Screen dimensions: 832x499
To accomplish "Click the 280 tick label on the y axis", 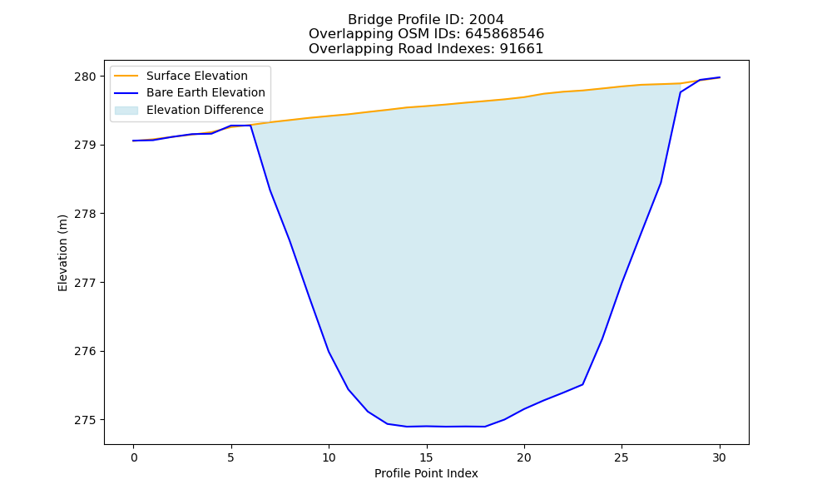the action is point(85,77).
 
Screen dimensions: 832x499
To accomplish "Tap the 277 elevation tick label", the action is point(85,283).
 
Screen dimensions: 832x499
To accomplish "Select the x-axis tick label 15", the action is point(427,457).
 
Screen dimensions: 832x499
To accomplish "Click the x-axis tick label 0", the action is point(133,457).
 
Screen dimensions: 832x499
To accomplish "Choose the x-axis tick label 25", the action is point(622,457).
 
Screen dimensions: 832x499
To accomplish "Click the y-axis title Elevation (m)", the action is point(62,253).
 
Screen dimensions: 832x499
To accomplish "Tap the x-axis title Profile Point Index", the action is point(426,473).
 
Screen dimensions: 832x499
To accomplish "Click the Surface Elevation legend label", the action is point(197,76).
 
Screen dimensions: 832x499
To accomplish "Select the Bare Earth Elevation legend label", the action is point(206,92).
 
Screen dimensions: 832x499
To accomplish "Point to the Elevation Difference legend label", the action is point(205,110).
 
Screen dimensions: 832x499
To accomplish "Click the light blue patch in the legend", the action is point(126,110).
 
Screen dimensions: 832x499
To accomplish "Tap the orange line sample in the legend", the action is point(126,76).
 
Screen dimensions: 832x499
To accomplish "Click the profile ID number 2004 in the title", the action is point(487,20).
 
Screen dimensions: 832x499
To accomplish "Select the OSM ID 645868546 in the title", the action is point(505,34).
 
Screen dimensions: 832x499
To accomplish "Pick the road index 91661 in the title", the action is point(522,49).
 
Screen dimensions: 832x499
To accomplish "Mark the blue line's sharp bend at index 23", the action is point(582,384).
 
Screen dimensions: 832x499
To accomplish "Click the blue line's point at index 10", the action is point(329,351).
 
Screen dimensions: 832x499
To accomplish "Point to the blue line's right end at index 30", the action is point(720,77).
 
